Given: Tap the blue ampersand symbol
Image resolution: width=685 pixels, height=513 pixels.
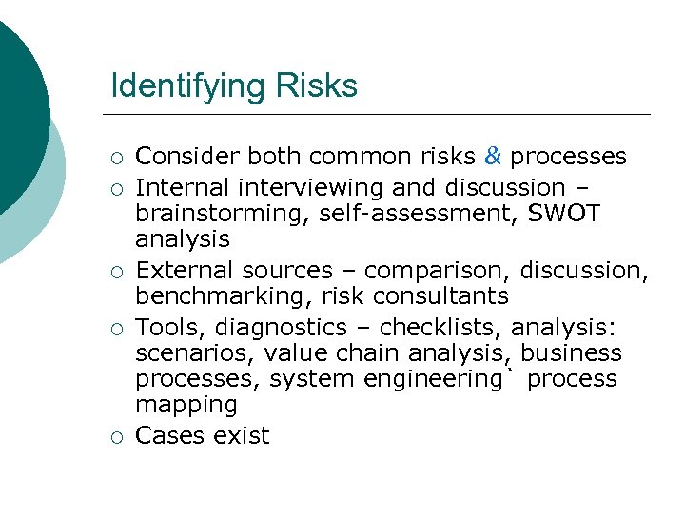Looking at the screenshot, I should [x=493, y=156].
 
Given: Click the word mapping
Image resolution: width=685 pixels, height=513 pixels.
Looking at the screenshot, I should [x=186, y=405].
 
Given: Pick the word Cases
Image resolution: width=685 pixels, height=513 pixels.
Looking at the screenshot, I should [x=168, y=436].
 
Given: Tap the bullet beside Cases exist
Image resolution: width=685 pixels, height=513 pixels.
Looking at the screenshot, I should [x=116, y=437].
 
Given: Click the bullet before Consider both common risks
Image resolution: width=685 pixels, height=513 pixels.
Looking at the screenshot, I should [x=116, y=157].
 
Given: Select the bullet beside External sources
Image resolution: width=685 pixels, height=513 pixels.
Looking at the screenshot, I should [x=116, y=272].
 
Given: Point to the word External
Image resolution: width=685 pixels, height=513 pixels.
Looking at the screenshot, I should [x=185, y=271].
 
